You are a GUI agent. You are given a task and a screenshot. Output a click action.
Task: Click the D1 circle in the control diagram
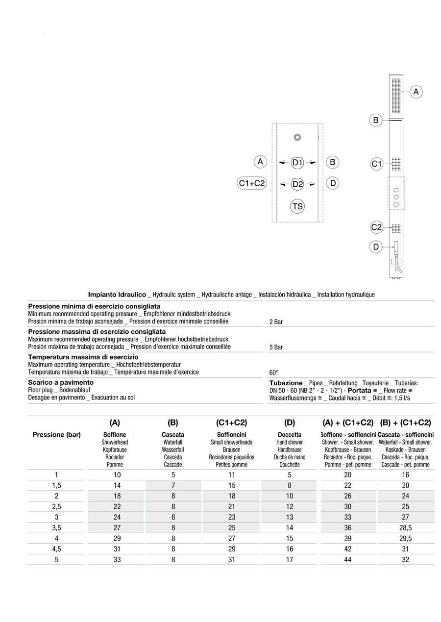tap(297, 162)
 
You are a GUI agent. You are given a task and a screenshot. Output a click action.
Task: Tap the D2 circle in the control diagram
tap(297, 184)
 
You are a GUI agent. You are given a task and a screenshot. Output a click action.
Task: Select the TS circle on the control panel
tap(297, 206)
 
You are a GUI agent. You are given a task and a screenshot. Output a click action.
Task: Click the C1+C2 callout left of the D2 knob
tap(251, 183)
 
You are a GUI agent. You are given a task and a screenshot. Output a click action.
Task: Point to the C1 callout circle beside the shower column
tap(376, 164)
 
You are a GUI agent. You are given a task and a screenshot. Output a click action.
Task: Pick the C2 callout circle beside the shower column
tap(376, 227)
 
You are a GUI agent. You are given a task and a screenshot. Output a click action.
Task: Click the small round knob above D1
tap(297, 137)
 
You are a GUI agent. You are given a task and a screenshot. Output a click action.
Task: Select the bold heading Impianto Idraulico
tap(117, 295)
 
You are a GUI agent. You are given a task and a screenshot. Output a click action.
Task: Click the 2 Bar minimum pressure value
tap(276, 322)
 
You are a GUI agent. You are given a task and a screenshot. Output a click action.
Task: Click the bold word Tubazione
tap(286, 383)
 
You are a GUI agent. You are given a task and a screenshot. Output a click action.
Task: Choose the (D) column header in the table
tap(290, 423)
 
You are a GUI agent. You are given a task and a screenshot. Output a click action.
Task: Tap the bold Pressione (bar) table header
tap(56, 435)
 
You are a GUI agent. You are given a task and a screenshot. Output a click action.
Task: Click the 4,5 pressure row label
tap(56, 549)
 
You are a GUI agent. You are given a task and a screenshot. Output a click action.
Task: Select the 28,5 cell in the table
tap(405, 528)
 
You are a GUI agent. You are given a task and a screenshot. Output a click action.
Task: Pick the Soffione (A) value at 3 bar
tap(117, 517)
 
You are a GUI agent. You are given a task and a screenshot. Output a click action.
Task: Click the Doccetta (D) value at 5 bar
tap(290, 559)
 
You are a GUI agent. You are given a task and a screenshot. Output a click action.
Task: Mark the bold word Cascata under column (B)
tap(173, 435)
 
